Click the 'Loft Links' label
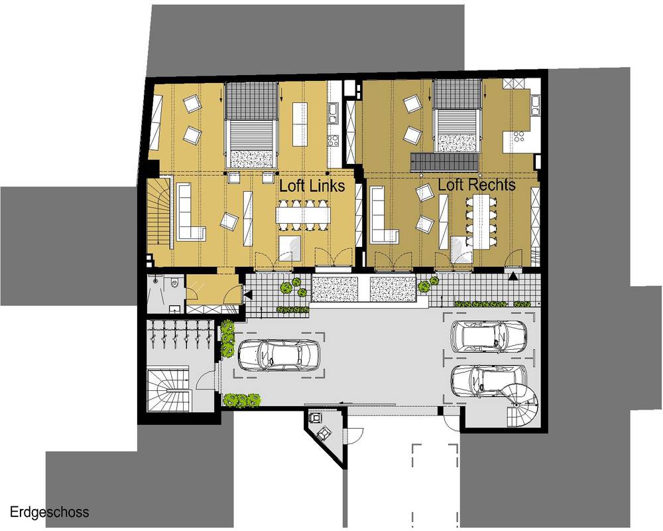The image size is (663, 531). (312, 185)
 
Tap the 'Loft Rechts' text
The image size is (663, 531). (477, 185)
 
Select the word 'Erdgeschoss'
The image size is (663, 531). (50, 512)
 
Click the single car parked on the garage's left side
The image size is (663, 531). (279, 355)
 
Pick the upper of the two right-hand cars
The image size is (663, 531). (489, 336)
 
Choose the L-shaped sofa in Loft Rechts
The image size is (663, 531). (383, 215)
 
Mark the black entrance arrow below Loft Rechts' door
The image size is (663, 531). (513, 277)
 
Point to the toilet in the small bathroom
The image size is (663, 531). (174, 282)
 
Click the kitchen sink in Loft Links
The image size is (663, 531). (333, 111)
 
